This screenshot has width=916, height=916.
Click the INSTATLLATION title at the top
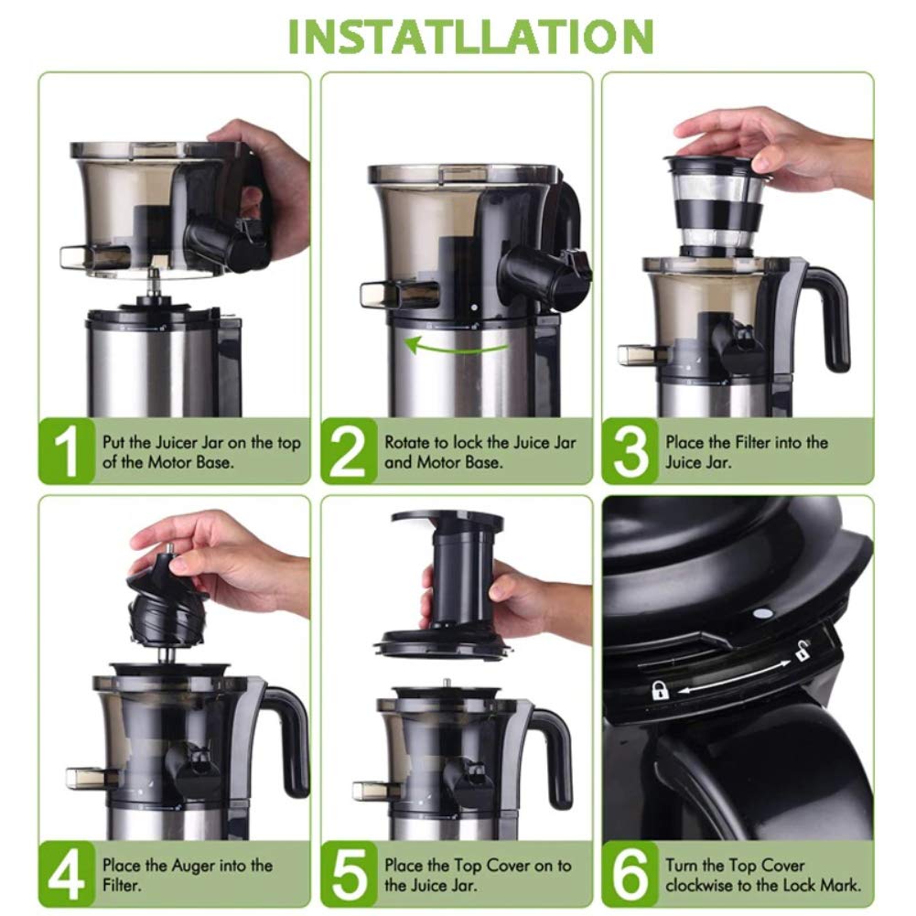471,36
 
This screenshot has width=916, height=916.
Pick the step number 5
349,874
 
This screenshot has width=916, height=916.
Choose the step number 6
630,874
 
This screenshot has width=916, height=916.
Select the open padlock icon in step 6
803,652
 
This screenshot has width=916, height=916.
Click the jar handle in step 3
827,316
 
